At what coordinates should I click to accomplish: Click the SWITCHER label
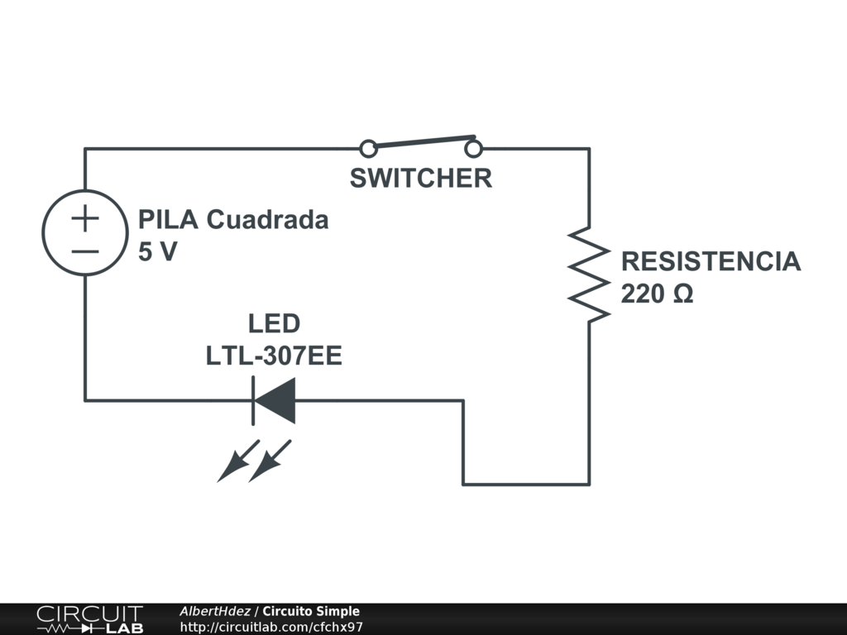coord(420,178)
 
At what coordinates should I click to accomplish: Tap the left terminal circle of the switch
coord(369,149)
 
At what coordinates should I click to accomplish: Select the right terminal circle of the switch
coord(473,149)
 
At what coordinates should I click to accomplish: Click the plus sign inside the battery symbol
coord(84,219)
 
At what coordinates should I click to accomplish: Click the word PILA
coord(168,221)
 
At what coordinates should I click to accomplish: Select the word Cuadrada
coord(266,221)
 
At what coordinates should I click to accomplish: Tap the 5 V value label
coord(157,252)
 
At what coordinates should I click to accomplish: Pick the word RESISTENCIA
coord(711,261)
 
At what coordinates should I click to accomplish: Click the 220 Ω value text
coord(657,294)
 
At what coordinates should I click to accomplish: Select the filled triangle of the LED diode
coord(275,400)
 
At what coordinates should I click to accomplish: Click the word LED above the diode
coord(274,323)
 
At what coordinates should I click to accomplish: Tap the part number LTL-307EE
coord(274,356)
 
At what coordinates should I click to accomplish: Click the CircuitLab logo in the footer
coord(89,619)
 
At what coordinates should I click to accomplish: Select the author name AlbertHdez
coord(215,612)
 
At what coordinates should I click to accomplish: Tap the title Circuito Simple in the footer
coord(311,612)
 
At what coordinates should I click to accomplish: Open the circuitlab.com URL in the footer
coord(271,627)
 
